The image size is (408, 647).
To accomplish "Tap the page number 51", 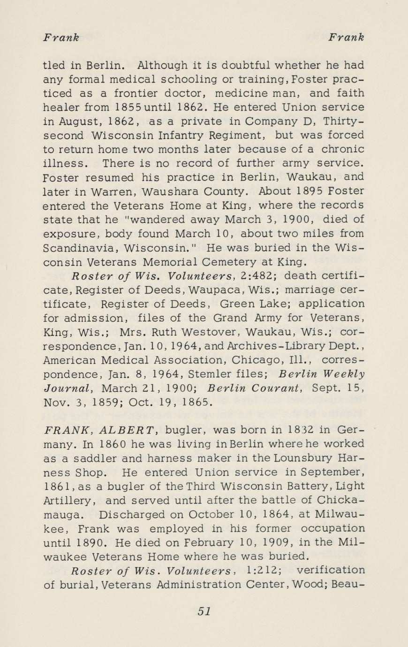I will pyautogui.click(x=204, y=611).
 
